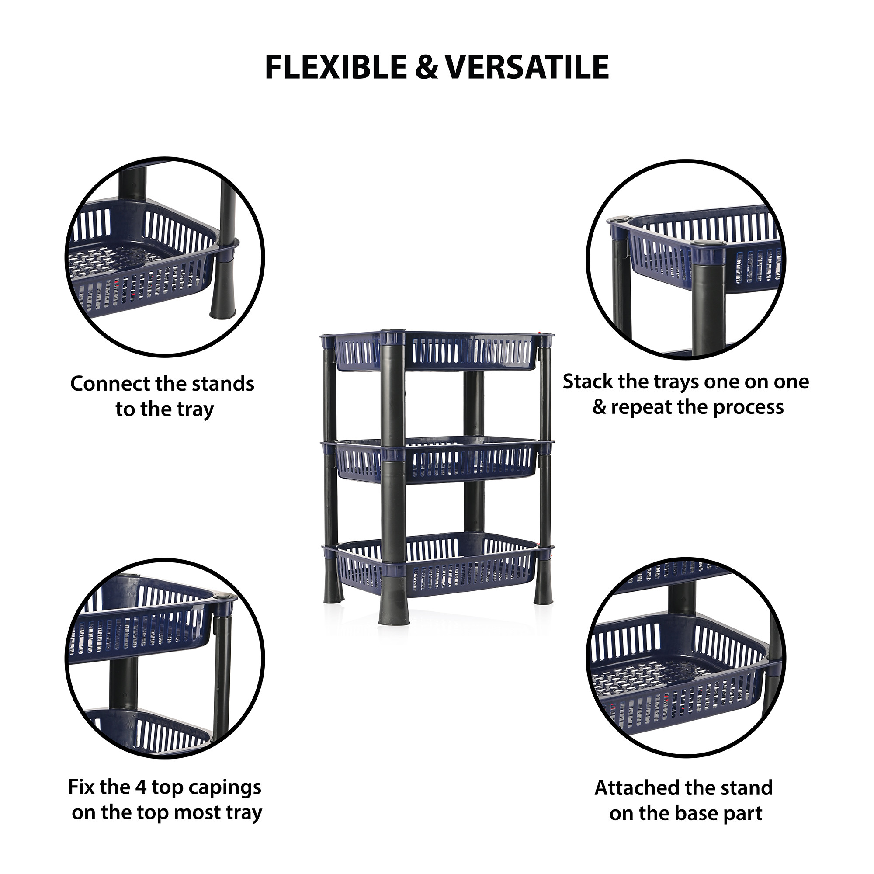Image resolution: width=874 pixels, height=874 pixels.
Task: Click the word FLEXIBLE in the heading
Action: (x=336, y=67)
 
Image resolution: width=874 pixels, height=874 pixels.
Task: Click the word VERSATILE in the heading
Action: (x=527, y=67)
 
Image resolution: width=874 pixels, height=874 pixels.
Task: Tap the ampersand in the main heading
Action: (x=426, y=67)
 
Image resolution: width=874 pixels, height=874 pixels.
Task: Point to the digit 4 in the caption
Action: (x=140, y=787)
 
